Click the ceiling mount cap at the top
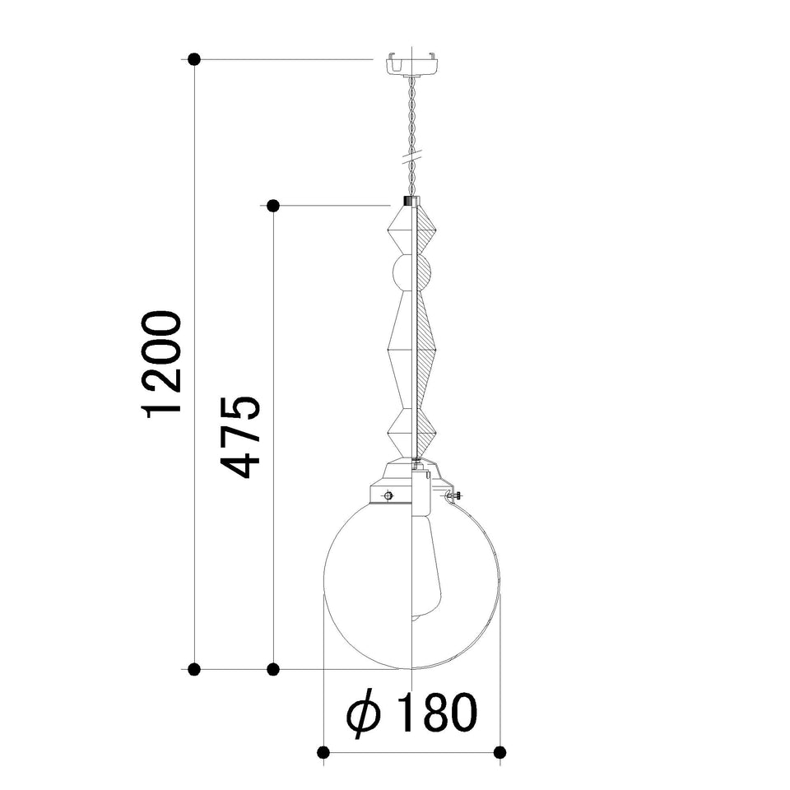click(x=412, y=63)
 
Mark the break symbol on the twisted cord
click(x=412, y=156)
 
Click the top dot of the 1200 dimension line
click(x=194, y=59)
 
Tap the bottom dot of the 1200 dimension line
click(x=194, y=669)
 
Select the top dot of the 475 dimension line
click(x=273, y=206)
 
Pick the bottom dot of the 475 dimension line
click(x=273, y=669)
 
